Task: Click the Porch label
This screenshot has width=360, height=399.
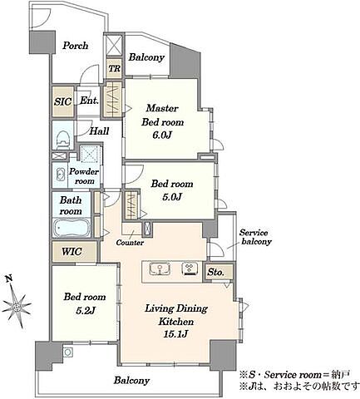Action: (x=75, y=46)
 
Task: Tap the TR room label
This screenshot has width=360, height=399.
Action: (x=114, y=68)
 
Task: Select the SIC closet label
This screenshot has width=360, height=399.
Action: (x=63, y=101)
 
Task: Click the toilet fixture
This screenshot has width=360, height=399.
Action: (x=63, y=139)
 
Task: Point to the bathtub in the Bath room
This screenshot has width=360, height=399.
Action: (x=72, y=228)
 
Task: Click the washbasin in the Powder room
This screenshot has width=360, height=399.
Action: (x=60, y=174)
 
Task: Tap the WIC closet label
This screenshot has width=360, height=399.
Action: (x=72, y=252)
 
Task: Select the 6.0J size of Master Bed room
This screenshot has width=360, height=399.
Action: (x=162, y=135)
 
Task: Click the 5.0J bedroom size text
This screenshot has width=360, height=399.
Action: (x=172, y=197)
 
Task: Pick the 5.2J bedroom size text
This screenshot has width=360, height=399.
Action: (x=86, y=310)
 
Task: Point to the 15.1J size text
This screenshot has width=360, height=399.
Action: (x=176, y=334)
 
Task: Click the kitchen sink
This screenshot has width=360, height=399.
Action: (x=160, y=268)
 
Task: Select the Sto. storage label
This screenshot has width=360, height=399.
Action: (x=215, y=273)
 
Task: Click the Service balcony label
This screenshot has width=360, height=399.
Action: (x=254, y=237)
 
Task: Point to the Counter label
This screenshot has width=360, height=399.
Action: (x=130, y=243)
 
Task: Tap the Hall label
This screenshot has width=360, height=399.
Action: (x=99, y=131)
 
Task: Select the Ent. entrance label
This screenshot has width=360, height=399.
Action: (x=89, y=101)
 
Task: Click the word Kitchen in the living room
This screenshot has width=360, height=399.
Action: (x=176, y=322)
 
